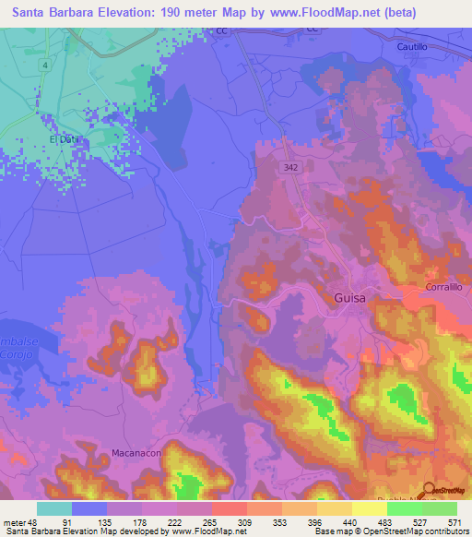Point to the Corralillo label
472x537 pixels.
click(449, 288)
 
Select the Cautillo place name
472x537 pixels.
click(414, 45)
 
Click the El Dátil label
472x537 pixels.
click(65, 140)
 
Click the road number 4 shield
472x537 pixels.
click(43, 66)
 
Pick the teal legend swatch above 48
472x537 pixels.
click(54, 508)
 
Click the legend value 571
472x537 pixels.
click(453, 521)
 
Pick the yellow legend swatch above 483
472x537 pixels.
click(370, 508)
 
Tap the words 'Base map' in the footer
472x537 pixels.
click(333, 532)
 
